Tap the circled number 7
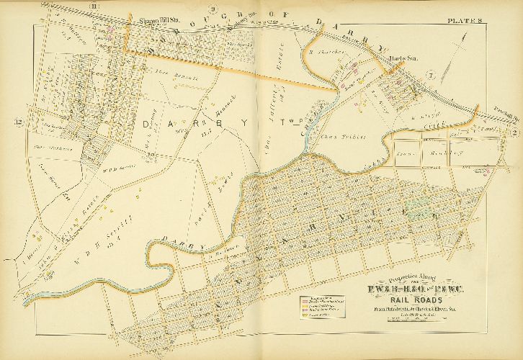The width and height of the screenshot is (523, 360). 431,76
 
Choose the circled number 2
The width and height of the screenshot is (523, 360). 516,131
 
